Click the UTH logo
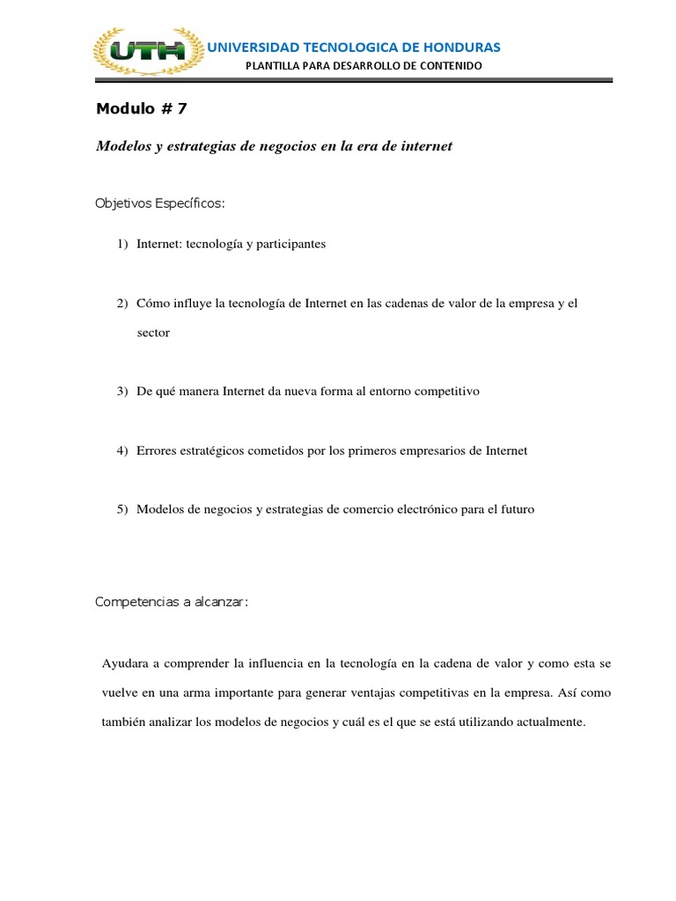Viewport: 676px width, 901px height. (x=147, y=51)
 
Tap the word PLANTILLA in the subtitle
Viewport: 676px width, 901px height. (x=273, y=66)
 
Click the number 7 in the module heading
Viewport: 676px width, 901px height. (x=181, y=109)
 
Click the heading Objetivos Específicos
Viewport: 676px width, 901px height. (x=160, y=204)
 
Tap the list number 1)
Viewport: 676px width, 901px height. (x=123, y=244)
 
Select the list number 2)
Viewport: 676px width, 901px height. (x=123, y=304)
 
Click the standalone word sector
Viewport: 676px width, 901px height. (x=153, y=333)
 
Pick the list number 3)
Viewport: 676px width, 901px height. (x=123, y=392)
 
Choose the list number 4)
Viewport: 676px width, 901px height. (x=123, y=450)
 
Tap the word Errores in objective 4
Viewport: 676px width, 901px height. (x=158, y=450)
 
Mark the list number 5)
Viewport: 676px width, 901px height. (x=123, y=509)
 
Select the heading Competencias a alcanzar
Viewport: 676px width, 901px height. (x=172, y=602)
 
